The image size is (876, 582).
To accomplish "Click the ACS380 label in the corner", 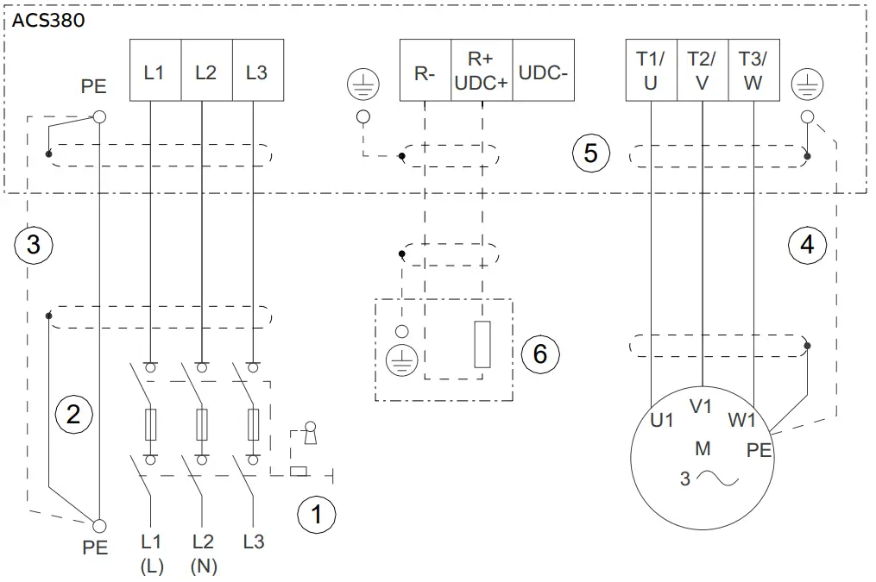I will point(48,20).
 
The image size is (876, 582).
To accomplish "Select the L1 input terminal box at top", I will point(154,72).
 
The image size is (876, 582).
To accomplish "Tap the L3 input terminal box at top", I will point(256,72).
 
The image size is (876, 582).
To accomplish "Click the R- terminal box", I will point(425,72).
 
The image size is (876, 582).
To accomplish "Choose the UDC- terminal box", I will point(543,72).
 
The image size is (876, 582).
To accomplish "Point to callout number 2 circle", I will point(73,415).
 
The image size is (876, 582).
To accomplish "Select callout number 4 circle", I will point(807,245).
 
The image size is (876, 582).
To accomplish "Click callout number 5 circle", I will point(591,153).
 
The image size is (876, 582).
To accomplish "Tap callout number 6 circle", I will point(540,354).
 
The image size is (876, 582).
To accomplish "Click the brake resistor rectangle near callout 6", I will point(482,344).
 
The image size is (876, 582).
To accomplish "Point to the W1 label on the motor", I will point(741,420).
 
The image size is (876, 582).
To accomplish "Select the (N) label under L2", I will point(203,566).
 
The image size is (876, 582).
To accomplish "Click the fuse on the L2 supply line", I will point(202,423).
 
